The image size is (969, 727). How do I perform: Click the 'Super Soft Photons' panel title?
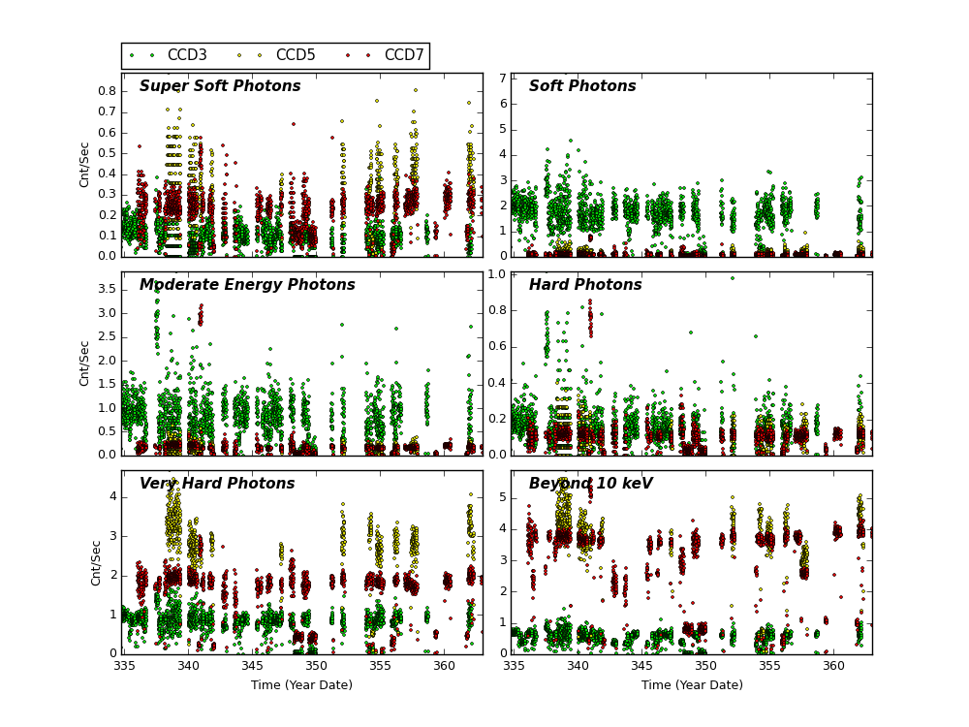(x=220, y=86)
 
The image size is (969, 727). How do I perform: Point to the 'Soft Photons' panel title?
(x=582, y=86)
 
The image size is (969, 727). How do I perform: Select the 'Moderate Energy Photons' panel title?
(x=247, y=285)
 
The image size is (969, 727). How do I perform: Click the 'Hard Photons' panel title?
(x=585, y=285)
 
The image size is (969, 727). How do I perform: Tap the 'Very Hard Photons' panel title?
(x=217, y=484)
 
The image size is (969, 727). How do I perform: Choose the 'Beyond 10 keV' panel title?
(x=590, y=484)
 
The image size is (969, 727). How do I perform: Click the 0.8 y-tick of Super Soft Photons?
(x=106, y=91)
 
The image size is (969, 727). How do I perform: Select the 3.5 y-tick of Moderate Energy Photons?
(x=106, y=289)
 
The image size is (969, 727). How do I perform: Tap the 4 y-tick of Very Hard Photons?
(x=111, y=496)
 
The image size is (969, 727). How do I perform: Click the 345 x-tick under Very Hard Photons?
(x=252, y=667)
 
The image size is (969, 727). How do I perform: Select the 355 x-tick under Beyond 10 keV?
(x=769, y=667)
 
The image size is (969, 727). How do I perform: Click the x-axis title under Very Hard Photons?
(x=301, y=685)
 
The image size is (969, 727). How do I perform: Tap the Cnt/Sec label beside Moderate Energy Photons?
(x=84, y=363)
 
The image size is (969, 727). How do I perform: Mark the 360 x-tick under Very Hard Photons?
(x=444, y=667)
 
